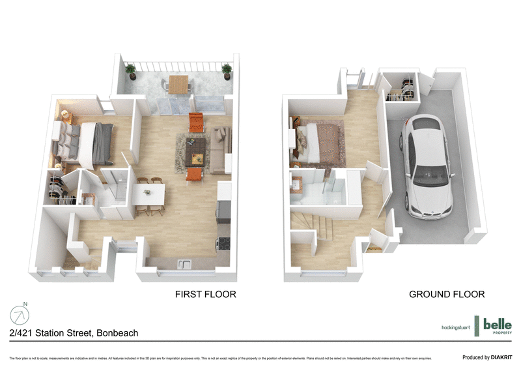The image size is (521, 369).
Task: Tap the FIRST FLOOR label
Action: (x=205, y=294)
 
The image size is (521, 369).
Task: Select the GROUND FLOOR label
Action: (x=446, y=294)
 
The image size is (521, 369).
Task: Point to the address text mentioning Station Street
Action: (x=74, y=332)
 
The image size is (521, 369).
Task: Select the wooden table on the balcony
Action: (x=178, y=83)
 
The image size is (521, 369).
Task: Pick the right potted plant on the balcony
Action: (x=227, y=69)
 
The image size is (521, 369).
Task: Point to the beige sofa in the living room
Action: (x=221, y=150)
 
